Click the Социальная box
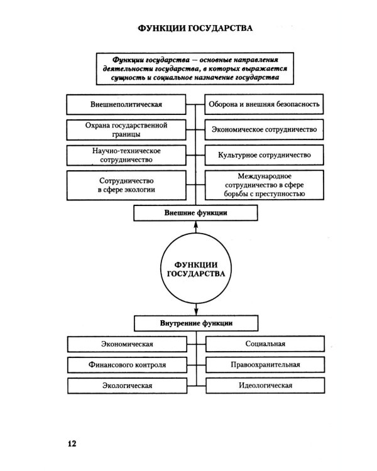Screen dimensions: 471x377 (265, 344)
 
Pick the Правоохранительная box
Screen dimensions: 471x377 (265, 364)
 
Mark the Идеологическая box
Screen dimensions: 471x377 (265, 384)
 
